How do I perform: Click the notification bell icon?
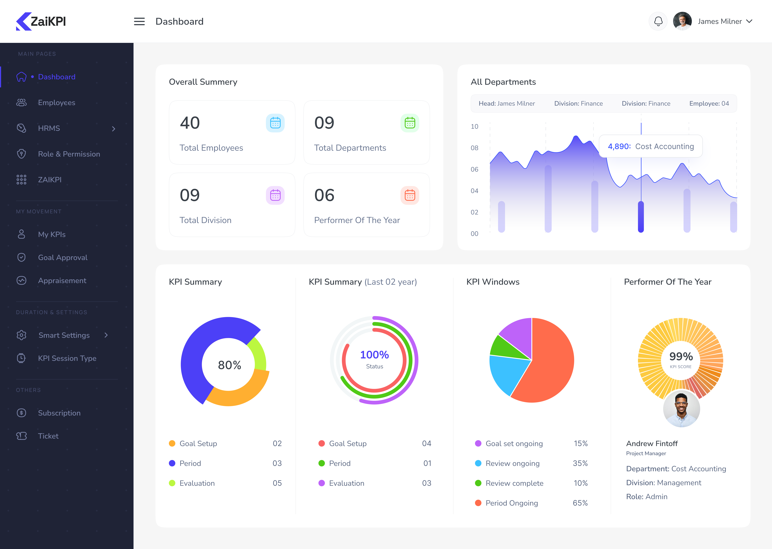[x=658, y=21]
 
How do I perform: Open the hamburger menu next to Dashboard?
[x=139, y=22]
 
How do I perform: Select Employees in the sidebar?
[x=56, y=103]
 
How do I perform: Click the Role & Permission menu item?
[x=69, y=154]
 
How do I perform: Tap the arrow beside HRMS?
[x=114, y=129]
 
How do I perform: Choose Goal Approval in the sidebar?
[x=63, y=258]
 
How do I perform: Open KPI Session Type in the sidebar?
[x=67, y=358]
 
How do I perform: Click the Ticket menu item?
[x=48, y=436]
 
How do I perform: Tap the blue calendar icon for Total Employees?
[x=275, y=123]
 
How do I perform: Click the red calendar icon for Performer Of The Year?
[x=410, y=195]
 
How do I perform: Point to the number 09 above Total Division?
[x=190, y=195]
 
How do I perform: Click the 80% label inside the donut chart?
[x=229, y=365]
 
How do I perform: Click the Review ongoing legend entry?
[x=512, y=463]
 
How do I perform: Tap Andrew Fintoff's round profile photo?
[x=681, y=409]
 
